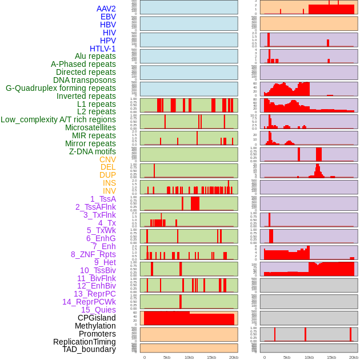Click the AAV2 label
tap(106, 9)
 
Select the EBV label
tap(108, 17)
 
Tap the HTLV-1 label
tap(103, 49)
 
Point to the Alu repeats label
tap(95, 56)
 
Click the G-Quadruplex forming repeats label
tap(61, 88)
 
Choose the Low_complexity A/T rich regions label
tap(58, 119)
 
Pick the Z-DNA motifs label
tap(93, 151)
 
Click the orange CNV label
tap(107, 159)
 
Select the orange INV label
tap(109, 191)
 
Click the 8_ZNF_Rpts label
tap(93, 254)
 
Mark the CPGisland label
tap(97, 318)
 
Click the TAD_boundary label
tap(89, 349)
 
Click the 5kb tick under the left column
tap(167, 357)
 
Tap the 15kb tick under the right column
tap(331, 357)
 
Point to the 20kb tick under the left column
tap(234, 357)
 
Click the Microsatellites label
tap(90, 127)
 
